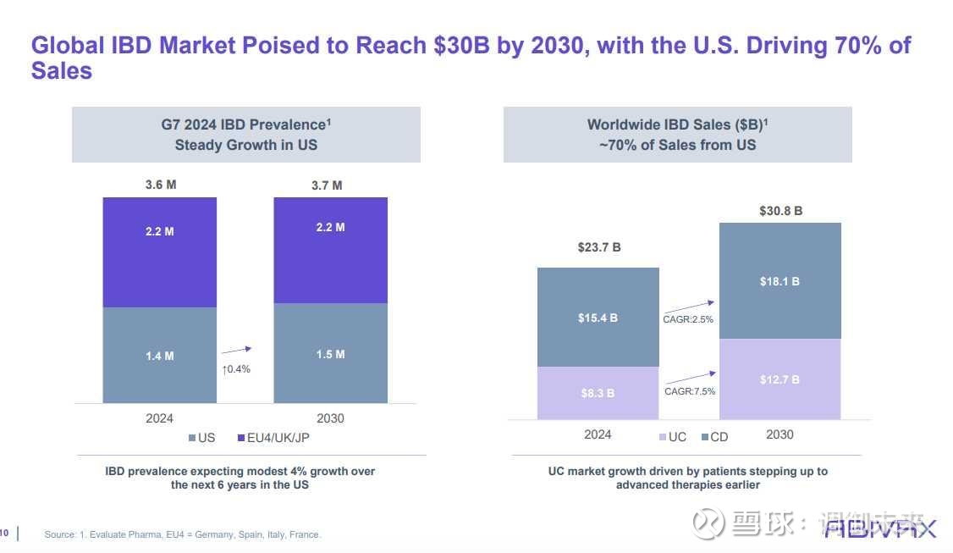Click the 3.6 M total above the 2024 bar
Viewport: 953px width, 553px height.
[x=159, y=185]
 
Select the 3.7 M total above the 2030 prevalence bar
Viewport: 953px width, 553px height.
[x=326, y=185]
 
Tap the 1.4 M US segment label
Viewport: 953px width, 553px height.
[x=159, y=357]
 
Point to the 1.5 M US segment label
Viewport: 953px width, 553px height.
[x=330, y=354]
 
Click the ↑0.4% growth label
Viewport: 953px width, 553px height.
[x=236, y=369]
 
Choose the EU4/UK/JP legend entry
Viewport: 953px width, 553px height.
[x=278, y=438]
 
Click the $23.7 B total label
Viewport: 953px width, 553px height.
[x=599, y=247]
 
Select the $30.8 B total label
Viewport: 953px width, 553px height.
[x=780, y=211]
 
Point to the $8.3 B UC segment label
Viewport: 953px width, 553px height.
[x=598, y=393]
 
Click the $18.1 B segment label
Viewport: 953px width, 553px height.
[x=779, y=281]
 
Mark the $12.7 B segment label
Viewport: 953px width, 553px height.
[x=779, y=379]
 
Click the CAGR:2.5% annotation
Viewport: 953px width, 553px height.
[x=688, y=320]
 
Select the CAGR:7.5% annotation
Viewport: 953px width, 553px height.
[x=690, y=391]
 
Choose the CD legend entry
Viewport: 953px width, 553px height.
[x=714, y=437]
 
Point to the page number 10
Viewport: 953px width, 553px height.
[x=5, y=533]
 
